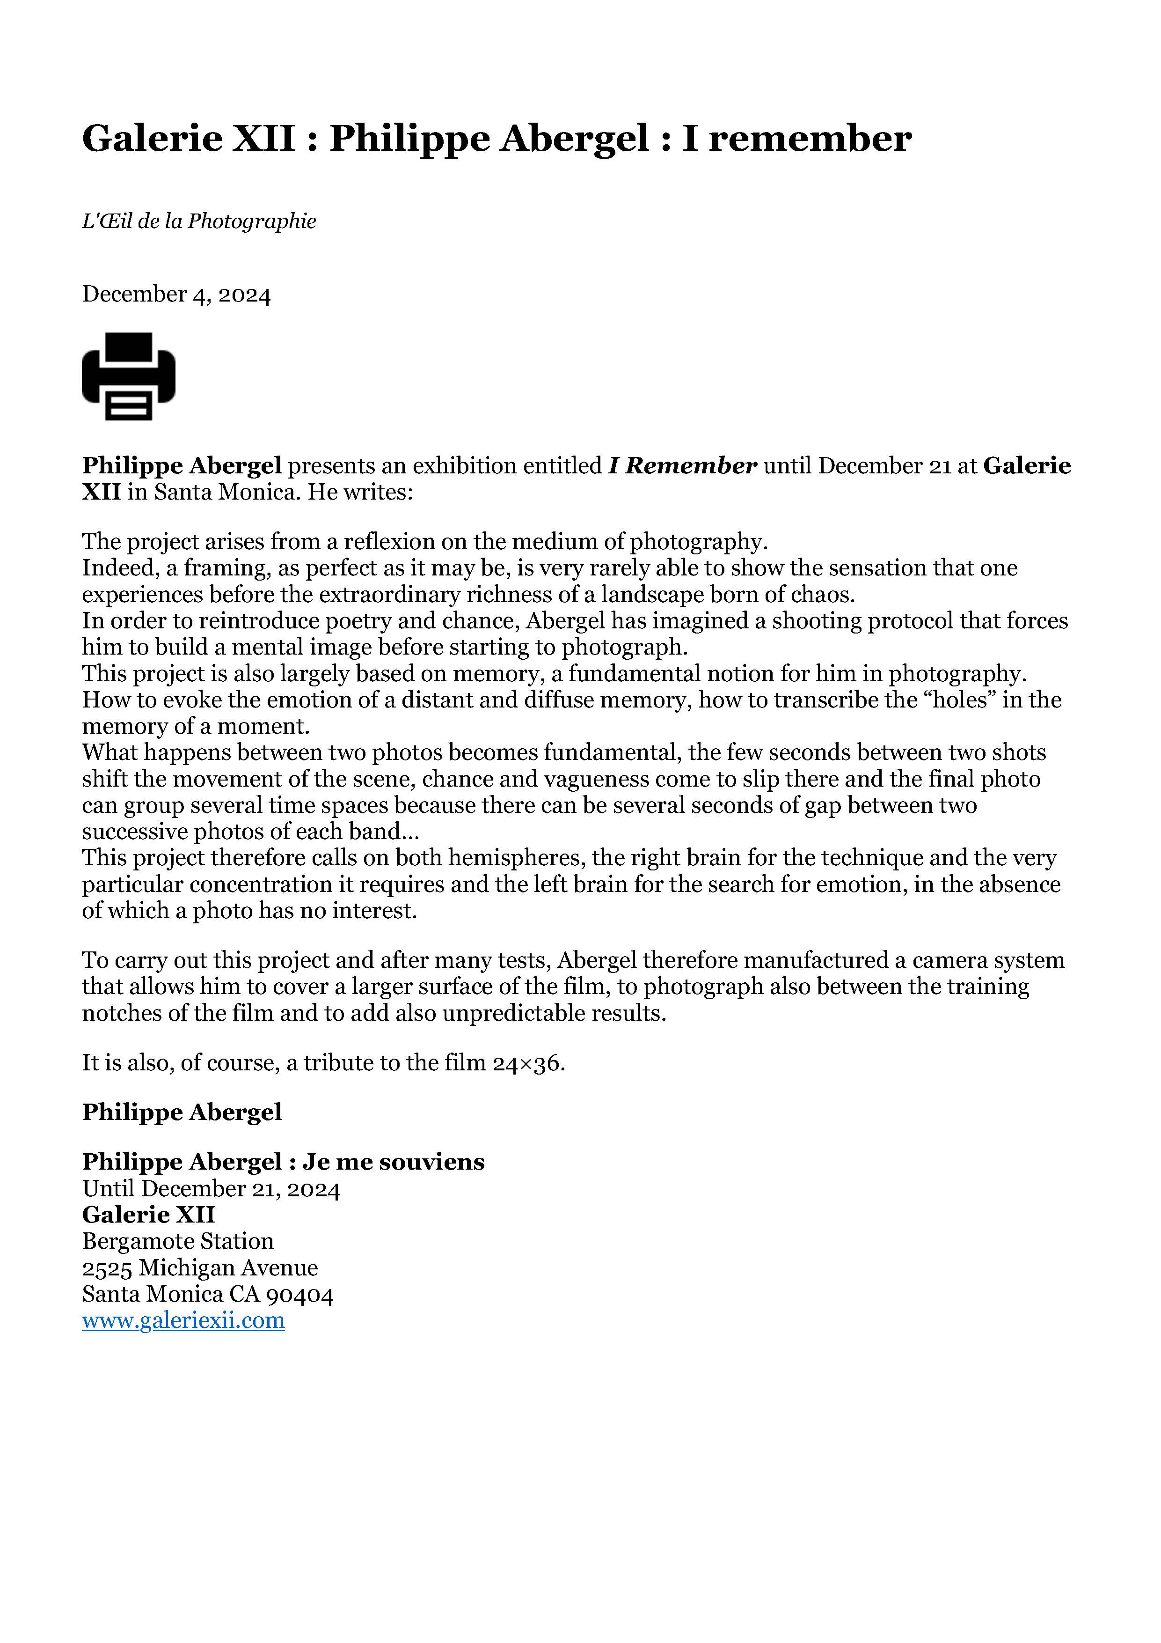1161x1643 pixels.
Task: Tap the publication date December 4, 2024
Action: click(176, 294)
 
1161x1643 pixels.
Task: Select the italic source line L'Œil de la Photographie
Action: click(199, 221)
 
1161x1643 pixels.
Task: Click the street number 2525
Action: click(107, 1267)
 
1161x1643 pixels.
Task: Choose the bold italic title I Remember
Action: click(682, 466)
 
